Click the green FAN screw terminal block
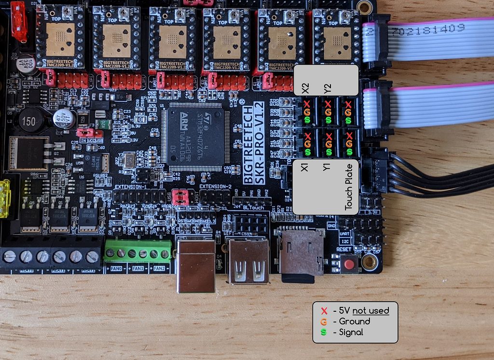coord(138,253)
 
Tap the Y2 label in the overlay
coord(328,89)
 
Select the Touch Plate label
coord(349,192)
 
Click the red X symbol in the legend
coord(324,311)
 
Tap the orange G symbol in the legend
coord(324,321)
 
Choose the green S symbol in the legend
coord(324,332)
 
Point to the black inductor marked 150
coord(28,122)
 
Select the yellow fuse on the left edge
coord(4,198)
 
